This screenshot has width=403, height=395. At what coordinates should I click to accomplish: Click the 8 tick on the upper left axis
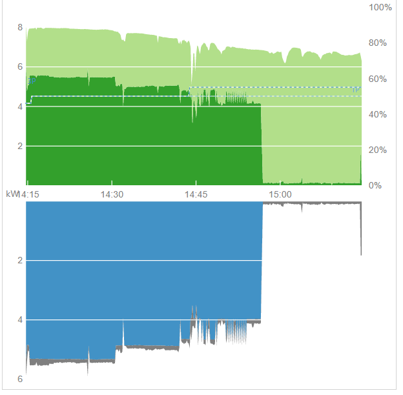[x=20, y=27]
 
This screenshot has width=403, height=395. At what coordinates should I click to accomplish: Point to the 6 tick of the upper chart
[x=20, y=66]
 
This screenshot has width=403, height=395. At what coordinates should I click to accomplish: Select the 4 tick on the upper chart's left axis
[x=20, y=106]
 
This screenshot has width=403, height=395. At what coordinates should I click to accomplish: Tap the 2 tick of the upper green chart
[x=20, y=146]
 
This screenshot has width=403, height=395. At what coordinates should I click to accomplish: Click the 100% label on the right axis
[x=380, y=7]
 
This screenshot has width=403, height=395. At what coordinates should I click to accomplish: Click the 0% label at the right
[x=375, y=186]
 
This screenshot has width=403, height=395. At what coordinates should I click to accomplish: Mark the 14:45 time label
[x=196, y=194]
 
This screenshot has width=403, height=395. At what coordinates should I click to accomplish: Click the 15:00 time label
[x=280, y=194]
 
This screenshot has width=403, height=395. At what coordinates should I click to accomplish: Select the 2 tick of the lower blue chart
[x=20, y=261]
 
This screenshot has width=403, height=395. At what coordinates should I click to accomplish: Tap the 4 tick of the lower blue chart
[x=20, y=319]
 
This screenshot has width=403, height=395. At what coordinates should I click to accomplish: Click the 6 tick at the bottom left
[x=20, y=379]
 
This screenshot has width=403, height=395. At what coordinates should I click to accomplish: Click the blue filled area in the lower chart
[x=142, y=271]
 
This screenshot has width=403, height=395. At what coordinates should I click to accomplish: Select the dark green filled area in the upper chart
[x=142, y=142]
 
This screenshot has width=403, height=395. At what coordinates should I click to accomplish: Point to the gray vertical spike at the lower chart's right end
[x=360, y=232]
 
